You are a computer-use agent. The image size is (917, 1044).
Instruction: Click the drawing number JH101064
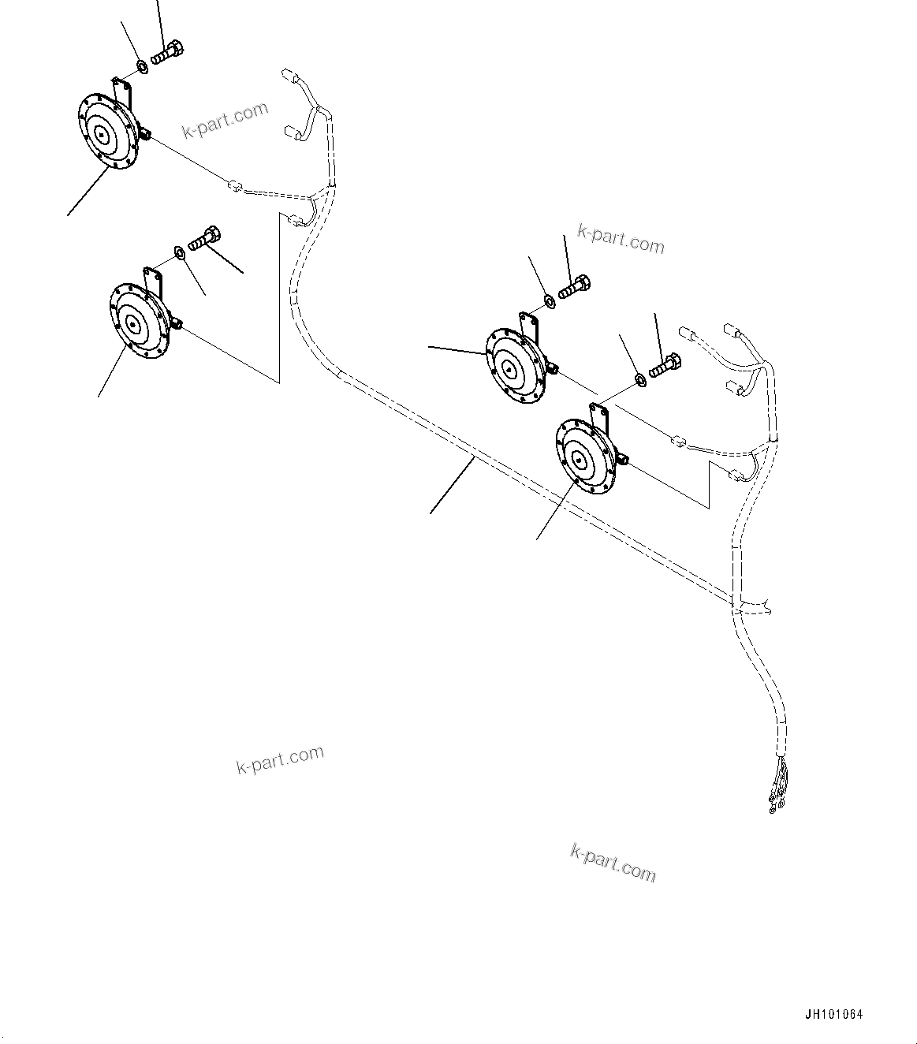pyautogui.click(x=834, y=1015)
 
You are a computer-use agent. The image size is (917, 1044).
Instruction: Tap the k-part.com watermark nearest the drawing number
pyautogui.click(x=613, y=862)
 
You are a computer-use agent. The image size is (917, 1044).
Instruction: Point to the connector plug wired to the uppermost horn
pyautogui.click(x=233, y=187)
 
